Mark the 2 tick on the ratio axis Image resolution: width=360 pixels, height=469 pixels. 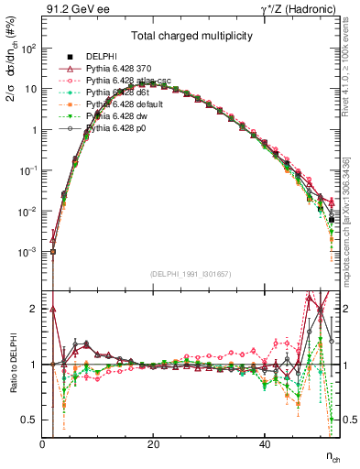coord(33,309)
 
